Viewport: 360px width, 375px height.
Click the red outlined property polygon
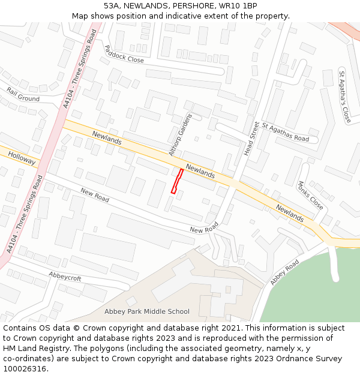(177, 181)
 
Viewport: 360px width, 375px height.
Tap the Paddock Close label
(124, 54)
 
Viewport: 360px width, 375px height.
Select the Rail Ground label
(23, 94)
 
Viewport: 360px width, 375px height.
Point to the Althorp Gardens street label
(181, 134)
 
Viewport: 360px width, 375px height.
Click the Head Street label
(252, 139)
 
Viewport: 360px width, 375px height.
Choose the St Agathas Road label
(285, 132)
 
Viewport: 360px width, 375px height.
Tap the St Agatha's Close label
(344, 97)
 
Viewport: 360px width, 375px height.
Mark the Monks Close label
(310, 196)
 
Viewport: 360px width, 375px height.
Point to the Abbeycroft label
(65, 278)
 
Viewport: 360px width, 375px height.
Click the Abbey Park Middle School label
(147, 311)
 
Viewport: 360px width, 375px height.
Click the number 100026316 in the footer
(26, 368)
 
